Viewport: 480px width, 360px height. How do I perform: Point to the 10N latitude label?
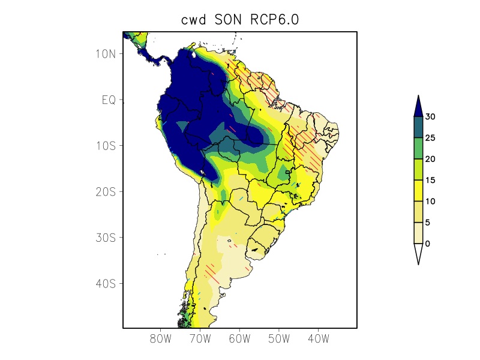pyautogui.click(x=105, y=54)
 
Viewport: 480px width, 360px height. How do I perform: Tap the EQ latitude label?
pyautogui.click(x=108, y=100)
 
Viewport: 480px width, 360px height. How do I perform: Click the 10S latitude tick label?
pyautogui.click(x=105, y=146)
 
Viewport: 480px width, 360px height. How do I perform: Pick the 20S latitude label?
pyautogui.click(x=105, y=192)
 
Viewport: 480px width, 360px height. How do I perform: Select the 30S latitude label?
pyautogui.click(x=105, y=238)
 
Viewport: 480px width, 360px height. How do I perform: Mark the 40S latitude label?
pyautogui.click(x=105, y=283)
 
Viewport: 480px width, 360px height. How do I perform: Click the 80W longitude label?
pyautogui.click(x=161, y=339)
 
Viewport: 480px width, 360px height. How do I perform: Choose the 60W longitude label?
pyautogui.click(x=239, y=339)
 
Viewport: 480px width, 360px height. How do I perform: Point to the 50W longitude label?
pyautogui.click(x=278, y=339)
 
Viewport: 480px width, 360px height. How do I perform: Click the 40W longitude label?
pyautogui.click(x=318, y=339)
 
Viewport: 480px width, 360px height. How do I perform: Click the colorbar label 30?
pyautogui.click(x=430, y=117)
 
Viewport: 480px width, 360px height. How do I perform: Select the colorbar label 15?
pyautogui.click(x=430, y=180)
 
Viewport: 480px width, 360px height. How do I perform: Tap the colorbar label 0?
pyautogui.click(x=427, y=244)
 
